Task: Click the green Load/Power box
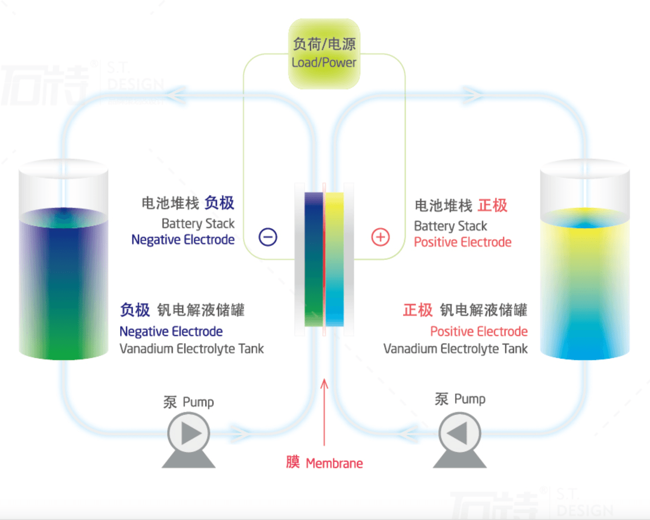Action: [324, 54]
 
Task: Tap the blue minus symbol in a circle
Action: [268, 237]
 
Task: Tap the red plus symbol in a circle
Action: [380, 237]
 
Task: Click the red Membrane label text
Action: [325, 463]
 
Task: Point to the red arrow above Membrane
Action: [324, 412]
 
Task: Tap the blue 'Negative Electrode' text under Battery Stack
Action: [183, 240]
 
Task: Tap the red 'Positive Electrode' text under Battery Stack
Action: [463, 242]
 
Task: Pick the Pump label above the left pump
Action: [189, 402]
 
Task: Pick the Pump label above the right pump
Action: [460, 399]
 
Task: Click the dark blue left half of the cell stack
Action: [314, 259]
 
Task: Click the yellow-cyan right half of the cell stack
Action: [335, 259]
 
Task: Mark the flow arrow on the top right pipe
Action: [473, 96]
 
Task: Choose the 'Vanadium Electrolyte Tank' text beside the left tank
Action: [192, 349]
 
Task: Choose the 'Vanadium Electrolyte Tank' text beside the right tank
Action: [455, 349]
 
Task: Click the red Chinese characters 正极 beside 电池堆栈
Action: [492, 206]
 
